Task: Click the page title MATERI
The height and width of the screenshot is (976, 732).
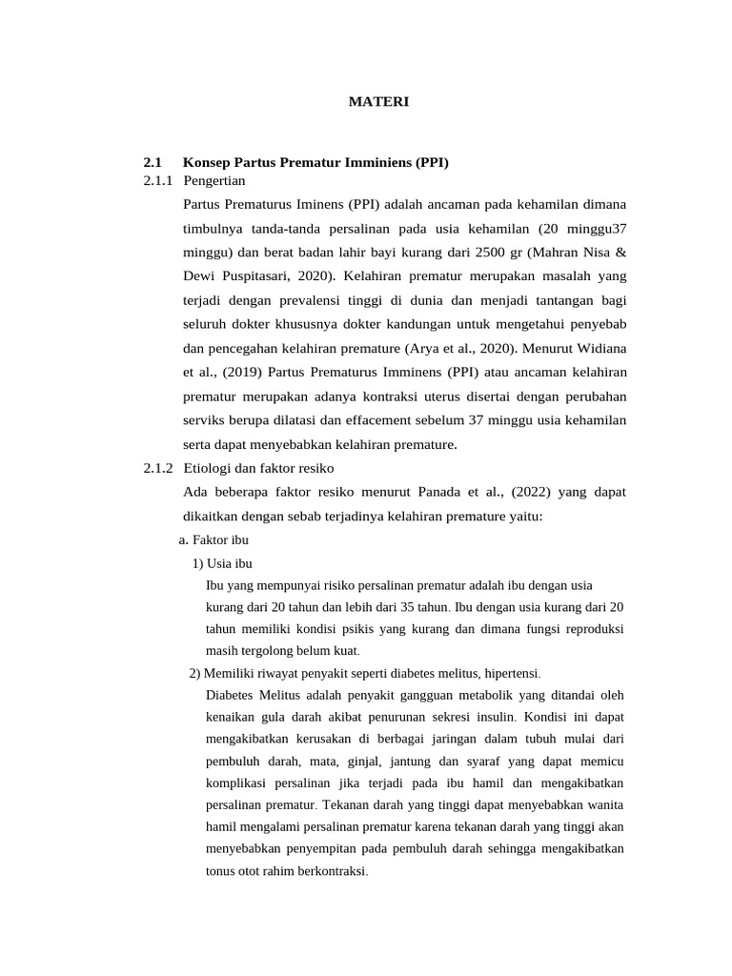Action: [x=378, y=102]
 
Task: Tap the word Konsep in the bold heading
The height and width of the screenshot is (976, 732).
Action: [x=206, y=163]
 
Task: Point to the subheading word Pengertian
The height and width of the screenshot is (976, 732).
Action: [x=214, y=180]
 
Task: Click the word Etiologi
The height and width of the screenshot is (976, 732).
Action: [x=208, y=468]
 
